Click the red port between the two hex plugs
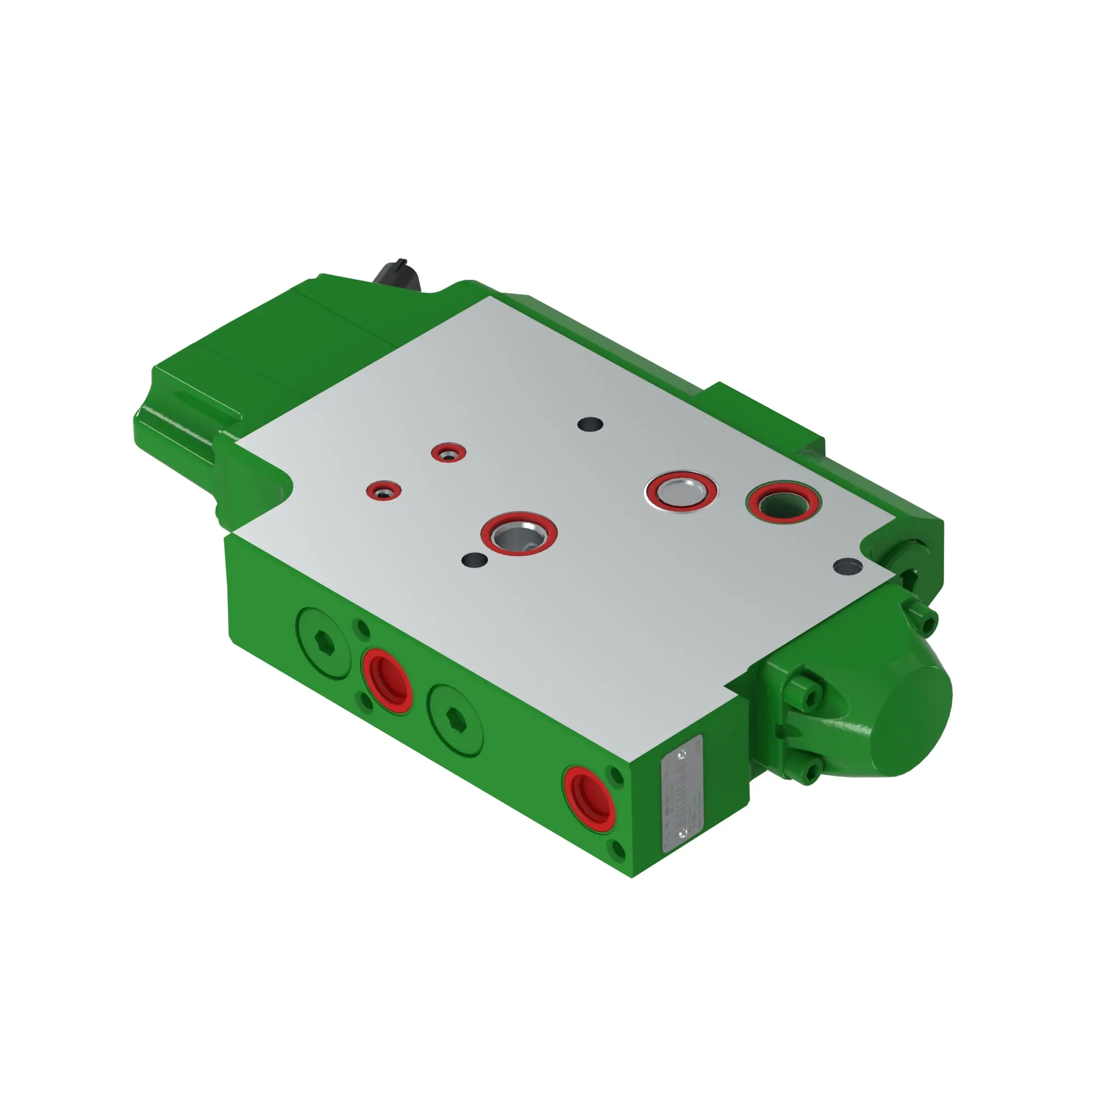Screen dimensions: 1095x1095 (388, 680)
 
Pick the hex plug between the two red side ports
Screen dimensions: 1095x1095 (456, 719)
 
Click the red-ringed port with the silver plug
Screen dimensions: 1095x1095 (681, 491)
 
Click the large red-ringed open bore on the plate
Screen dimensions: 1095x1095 (518, 533)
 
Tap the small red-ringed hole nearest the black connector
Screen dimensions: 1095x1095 (448, 452)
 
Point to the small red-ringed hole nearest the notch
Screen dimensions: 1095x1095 (384, 490)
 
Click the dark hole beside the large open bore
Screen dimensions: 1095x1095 (475, 560)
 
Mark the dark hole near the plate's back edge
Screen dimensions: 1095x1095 (590, 424)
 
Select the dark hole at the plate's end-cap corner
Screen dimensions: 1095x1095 (848, 565)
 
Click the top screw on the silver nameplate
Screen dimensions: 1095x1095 (682, 753)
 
